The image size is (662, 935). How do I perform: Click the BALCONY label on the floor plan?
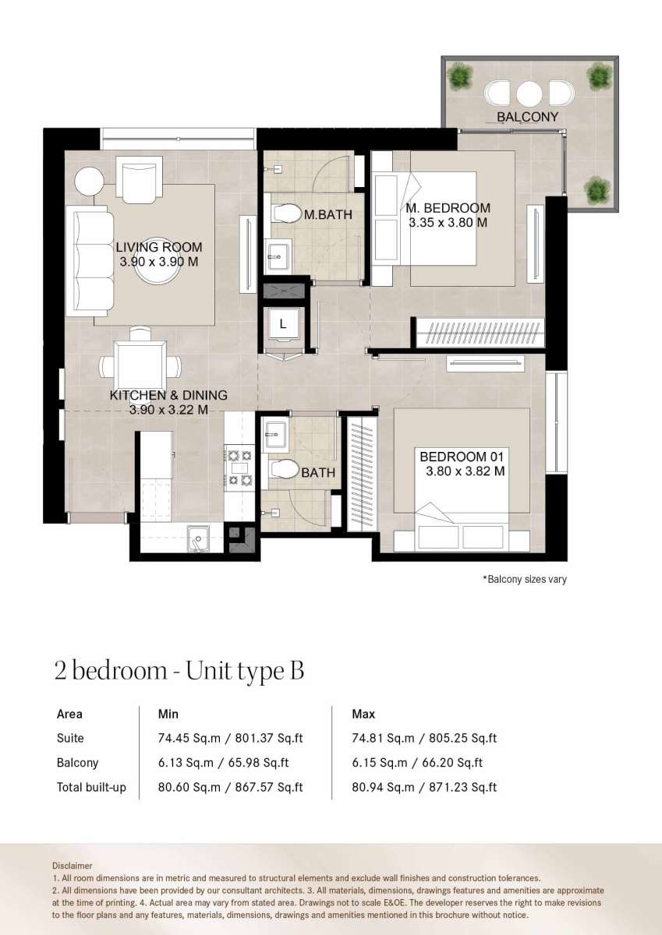[527, 117]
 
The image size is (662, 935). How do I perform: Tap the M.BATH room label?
[327, 214]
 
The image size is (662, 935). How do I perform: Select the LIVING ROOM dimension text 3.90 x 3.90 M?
[159, 262]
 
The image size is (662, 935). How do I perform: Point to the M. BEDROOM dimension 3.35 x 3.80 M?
[448, 223]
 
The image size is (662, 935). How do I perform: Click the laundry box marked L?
[284, 323]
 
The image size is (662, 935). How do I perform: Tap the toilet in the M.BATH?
[286, 214]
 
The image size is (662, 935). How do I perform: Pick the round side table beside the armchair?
[89, 181]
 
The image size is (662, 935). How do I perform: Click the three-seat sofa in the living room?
[93, 261]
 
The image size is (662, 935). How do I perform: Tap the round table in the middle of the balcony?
[529, 94]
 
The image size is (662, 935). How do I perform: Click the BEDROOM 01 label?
[462, 457]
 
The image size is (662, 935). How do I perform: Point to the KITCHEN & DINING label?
[168, 395]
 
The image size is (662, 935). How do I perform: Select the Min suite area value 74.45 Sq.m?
[189, 738]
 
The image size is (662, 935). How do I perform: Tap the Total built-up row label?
[91, 787]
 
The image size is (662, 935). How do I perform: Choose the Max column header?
[363, 714]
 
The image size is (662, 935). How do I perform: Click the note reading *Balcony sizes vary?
[525, 579]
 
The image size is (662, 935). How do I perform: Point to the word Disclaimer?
[72, 866]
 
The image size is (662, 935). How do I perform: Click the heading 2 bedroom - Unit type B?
[179, 671]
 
